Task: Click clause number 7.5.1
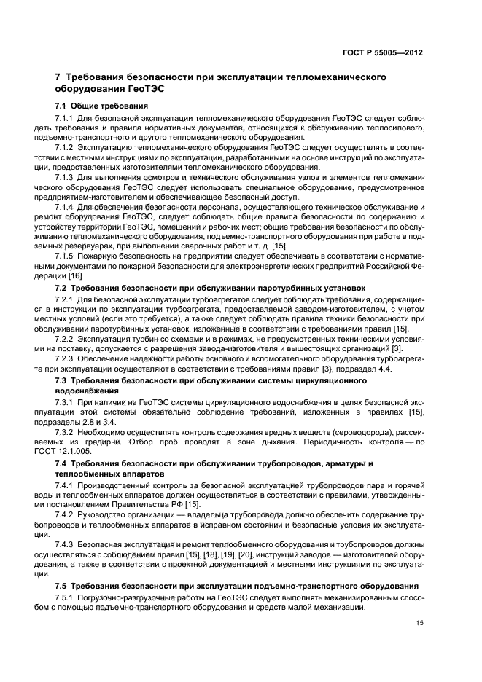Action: (x=66, y=595)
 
